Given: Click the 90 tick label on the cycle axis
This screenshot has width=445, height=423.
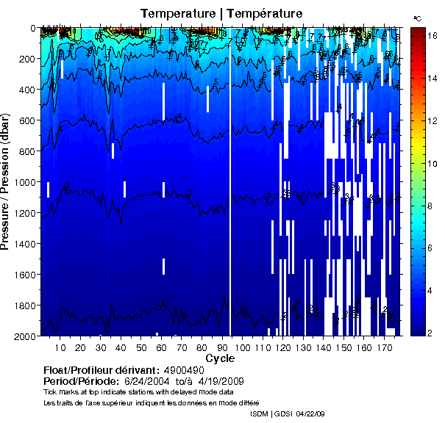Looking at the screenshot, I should point(221,347).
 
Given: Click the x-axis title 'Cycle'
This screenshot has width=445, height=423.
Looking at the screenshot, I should point(220,358).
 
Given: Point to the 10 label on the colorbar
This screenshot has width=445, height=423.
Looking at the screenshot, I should point(432,162).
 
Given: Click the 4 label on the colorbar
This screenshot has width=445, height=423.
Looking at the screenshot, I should point(432,292).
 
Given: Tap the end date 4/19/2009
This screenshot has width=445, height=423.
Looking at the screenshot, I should point(216,383).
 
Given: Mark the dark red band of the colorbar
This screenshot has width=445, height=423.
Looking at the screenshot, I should point(417,37).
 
